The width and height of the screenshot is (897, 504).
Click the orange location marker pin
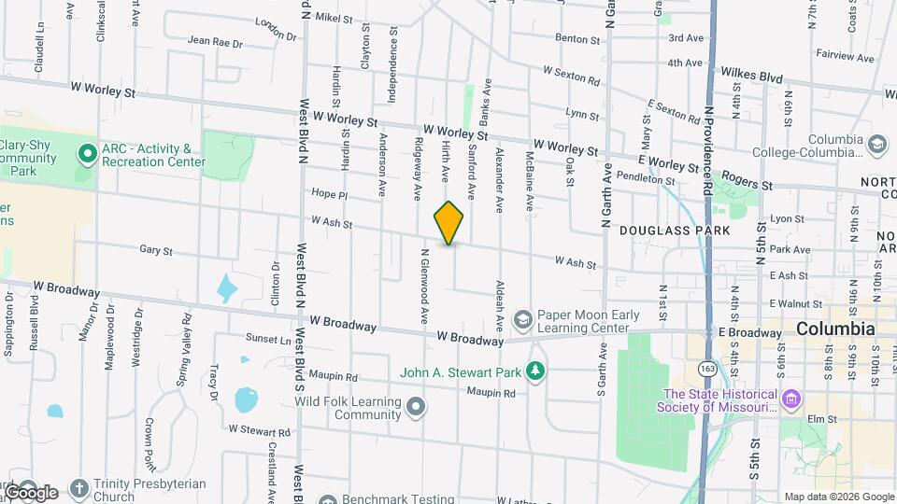pyautogui.click(x=448, y=222)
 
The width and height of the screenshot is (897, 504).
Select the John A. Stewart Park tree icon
pyautogui.click(x=535, y=372)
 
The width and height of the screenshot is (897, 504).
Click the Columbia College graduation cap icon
pyautogui.click(x=876, y=145)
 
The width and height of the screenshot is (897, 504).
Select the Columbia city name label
pyautogui.click(x=835, y=329)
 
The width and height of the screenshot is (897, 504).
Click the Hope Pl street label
pyautogui.click(x=329, y=195)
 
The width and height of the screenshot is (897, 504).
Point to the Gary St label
pyautogui.click(x=156, y=251)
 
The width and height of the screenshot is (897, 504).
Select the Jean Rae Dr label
pyautogui.click(x=215, y=42)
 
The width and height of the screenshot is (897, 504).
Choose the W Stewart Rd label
pyautogui.click(x=259, y=431)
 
